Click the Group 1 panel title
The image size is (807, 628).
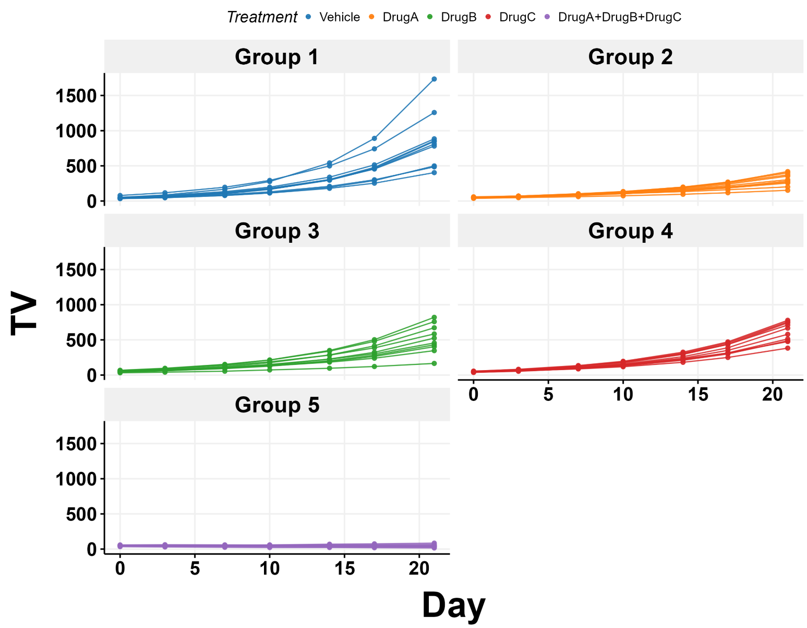276,57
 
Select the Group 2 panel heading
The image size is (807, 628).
630,57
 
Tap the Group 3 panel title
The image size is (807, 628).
276,231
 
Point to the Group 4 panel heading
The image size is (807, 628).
630,231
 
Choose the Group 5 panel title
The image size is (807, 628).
276,405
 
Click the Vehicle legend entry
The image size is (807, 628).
339,17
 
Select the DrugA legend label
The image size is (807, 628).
400,17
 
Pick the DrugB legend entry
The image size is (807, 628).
459,17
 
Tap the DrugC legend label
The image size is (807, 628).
517,17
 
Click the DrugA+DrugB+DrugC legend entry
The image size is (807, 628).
619,17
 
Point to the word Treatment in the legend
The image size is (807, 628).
262,17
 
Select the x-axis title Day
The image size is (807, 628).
453,606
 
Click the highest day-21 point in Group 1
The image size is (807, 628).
434,79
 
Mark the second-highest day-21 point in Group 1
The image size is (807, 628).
434,113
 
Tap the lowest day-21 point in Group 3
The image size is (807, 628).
434,363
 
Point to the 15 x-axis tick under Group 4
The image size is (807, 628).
697,395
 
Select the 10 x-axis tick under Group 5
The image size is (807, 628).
270,568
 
